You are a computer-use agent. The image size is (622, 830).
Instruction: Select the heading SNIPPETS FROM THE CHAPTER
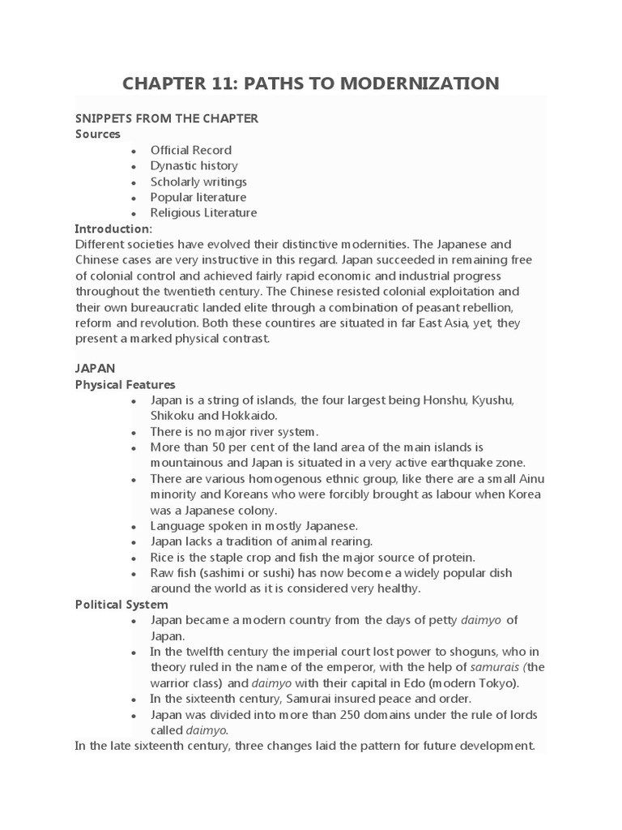pos(166,118)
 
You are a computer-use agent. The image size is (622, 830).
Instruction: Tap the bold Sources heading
pos(97,134)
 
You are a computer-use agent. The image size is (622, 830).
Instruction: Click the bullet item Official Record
pos(190,150)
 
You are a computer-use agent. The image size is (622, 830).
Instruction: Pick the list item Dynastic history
pos(194,165)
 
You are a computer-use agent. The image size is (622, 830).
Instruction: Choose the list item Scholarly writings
pos(198,182)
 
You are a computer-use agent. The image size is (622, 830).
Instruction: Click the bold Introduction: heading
pos(113,229)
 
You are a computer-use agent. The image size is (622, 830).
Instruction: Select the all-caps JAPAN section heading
pos(95,368)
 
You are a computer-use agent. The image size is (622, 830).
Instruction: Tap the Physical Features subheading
pos(125,384)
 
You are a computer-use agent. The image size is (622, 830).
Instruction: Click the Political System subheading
pos(121,605)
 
